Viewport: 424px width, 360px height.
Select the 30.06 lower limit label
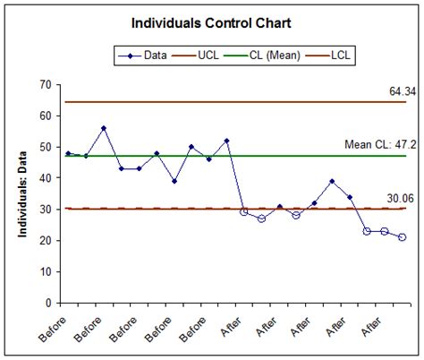coord(391,198)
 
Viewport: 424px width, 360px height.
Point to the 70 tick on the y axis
coord(42,85)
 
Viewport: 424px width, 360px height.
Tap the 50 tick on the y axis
coord(42,147)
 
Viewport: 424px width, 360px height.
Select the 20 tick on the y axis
coord(42,241)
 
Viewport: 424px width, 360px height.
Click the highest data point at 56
coord(104,128)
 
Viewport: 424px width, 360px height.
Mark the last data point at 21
coord(402,237)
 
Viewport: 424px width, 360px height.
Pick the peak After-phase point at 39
coord(332,181)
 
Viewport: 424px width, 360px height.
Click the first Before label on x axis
coord(55,324)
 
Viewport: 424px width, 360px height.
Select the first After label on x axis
coord(231,324)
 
